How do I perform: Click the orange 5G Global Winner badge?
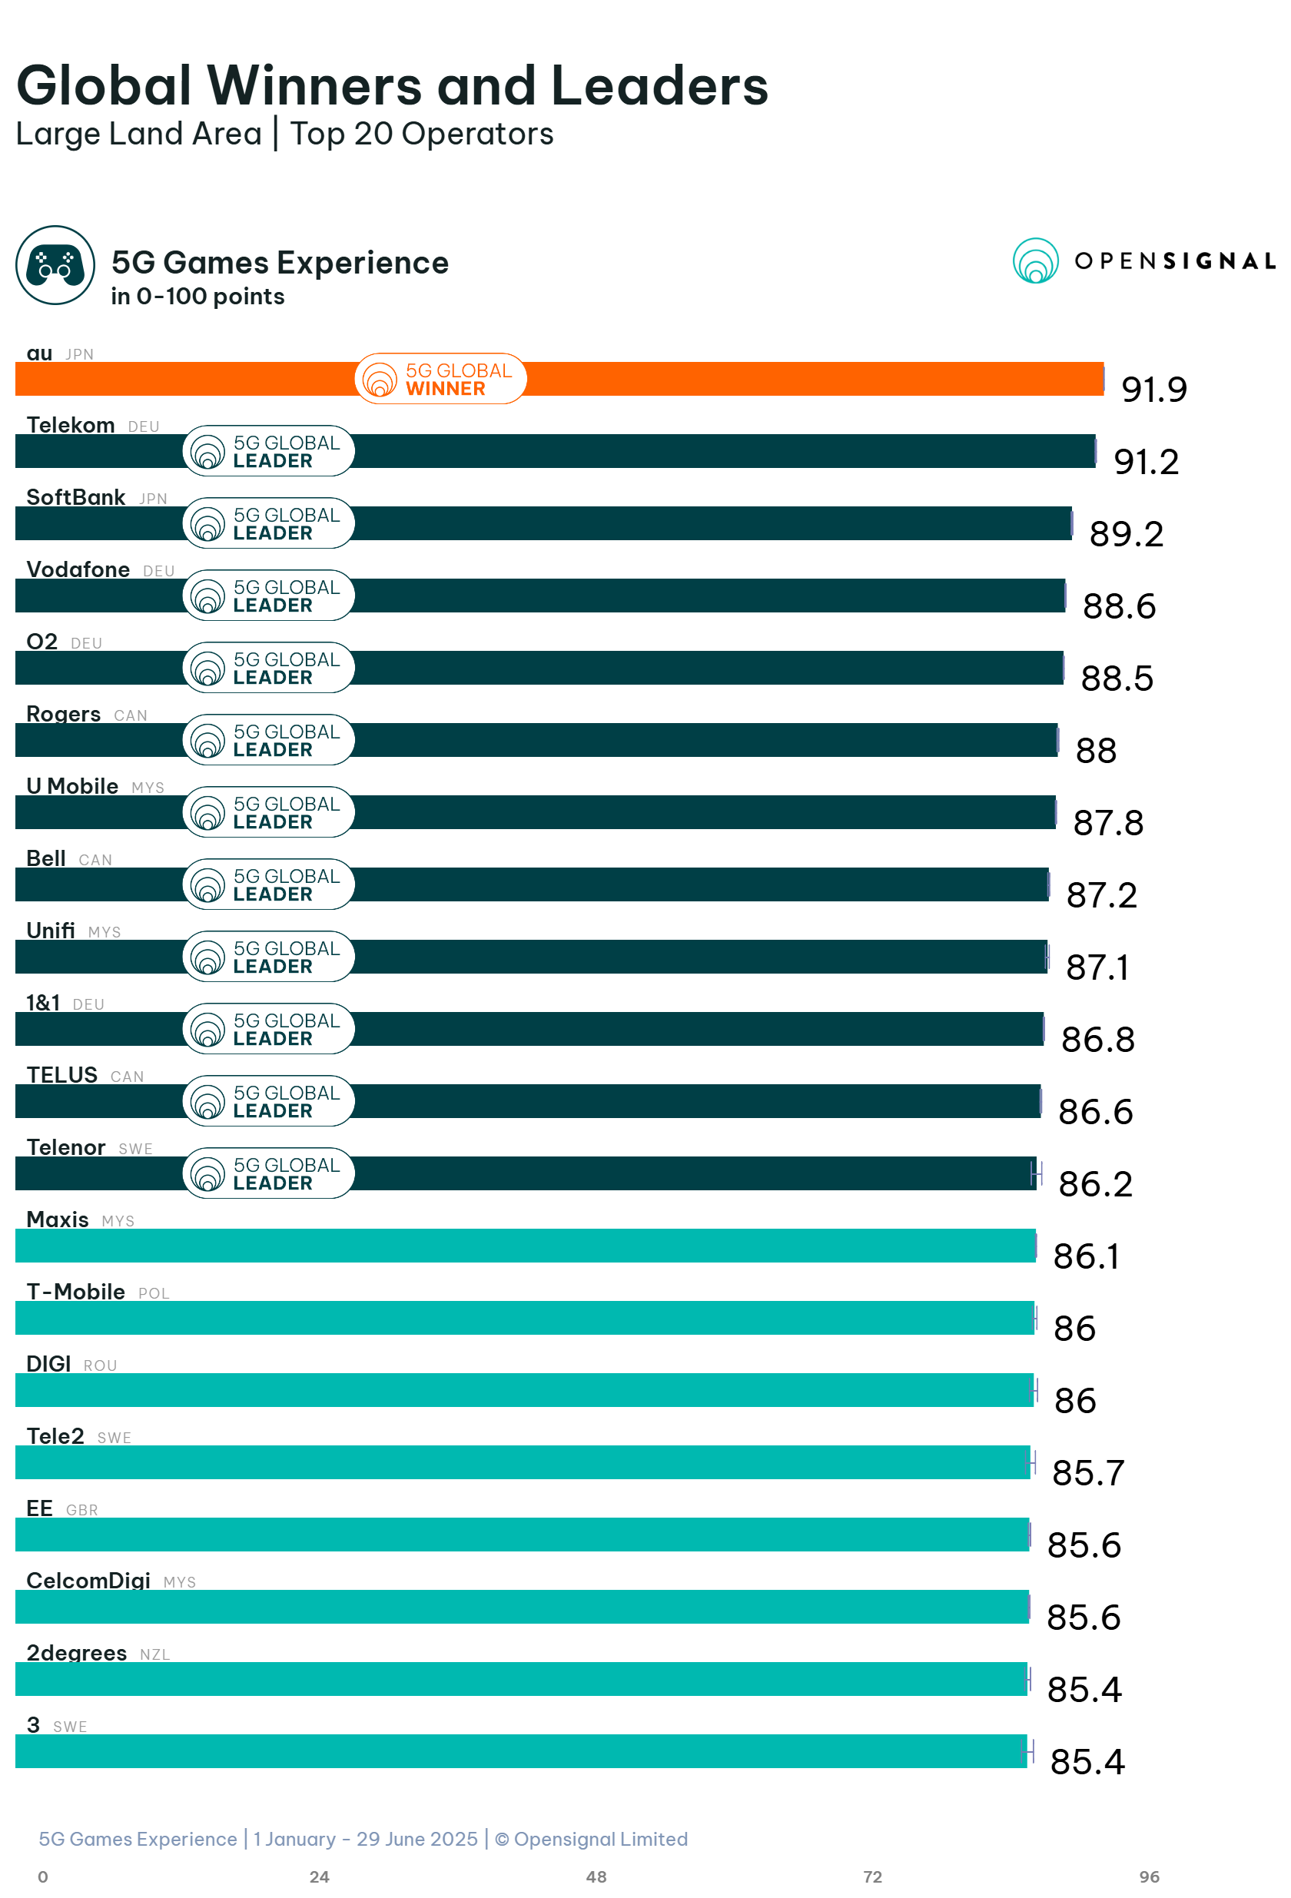point(440,379)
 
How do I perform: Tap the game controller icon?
point(55,265)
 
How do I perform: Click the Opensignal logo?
point(1143,260)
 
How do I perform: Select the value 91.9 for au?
point(1153,390)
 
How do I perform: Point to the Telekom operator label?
point(71,426)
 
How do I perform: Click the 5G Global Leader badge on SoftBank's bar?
point(269,523)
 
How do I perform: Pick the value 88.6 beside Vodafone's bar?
point(1119,607)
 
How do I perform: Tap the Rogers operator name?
point(64,714)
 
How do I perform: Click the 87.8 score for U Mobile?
point(1107,823)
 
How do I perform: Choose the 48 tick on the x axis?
point(596,1876)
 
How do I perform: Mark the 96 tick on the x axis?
point(1149,1876)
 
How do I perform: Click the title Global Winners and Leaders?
point(392,86)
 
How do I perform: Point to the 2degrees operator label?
point(77,1653)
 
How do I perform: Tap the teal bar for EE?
point(523,1535)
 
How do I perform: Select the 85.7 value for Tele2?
point(1087,1473)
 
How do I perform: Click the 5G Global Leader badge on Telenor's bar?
point(269,1173)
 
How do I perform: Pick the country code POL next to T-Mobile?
point(154,1294)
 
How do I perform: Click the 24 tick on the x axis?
point(319,1876)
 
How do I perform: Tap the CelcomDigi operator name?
point(88,1581)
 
